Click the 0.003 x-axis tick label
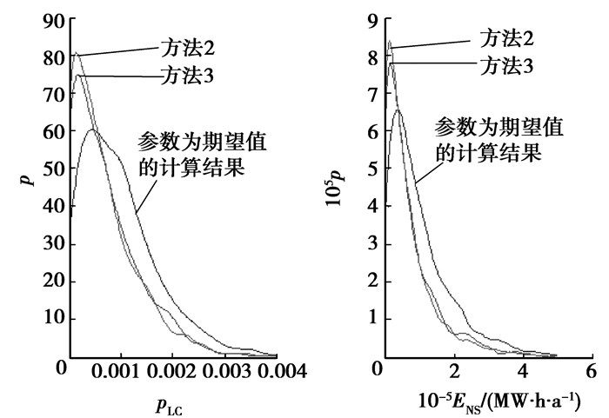[225, 372]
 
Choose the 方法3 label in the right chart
[505, 63]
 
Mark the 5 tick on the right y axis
[371, 170]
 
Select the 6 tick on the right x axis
[590, 372]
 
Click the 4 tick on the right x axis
[521, 372]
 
